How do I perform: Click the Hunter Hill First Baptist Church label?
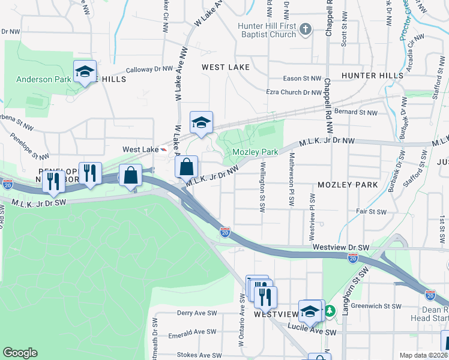click(267, 30)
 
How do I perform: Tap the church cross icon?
click(306, 29)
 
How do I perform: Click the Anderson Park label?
click(39, 79)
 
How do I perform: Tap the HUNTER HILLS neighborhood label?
click(372, 76)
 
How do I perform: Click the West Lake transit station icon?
click(164, 149)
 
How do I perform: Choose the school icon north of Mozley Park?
click(201, 122)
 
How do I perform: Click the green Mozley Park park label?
click(255, 152)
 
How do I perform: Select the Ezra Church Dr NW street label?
click(294, 92)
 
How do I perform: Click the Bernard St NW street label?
click(356, 112)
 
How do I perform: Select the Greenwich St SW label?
click(375, 305)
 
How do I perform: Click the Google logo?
click(20, 353)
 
